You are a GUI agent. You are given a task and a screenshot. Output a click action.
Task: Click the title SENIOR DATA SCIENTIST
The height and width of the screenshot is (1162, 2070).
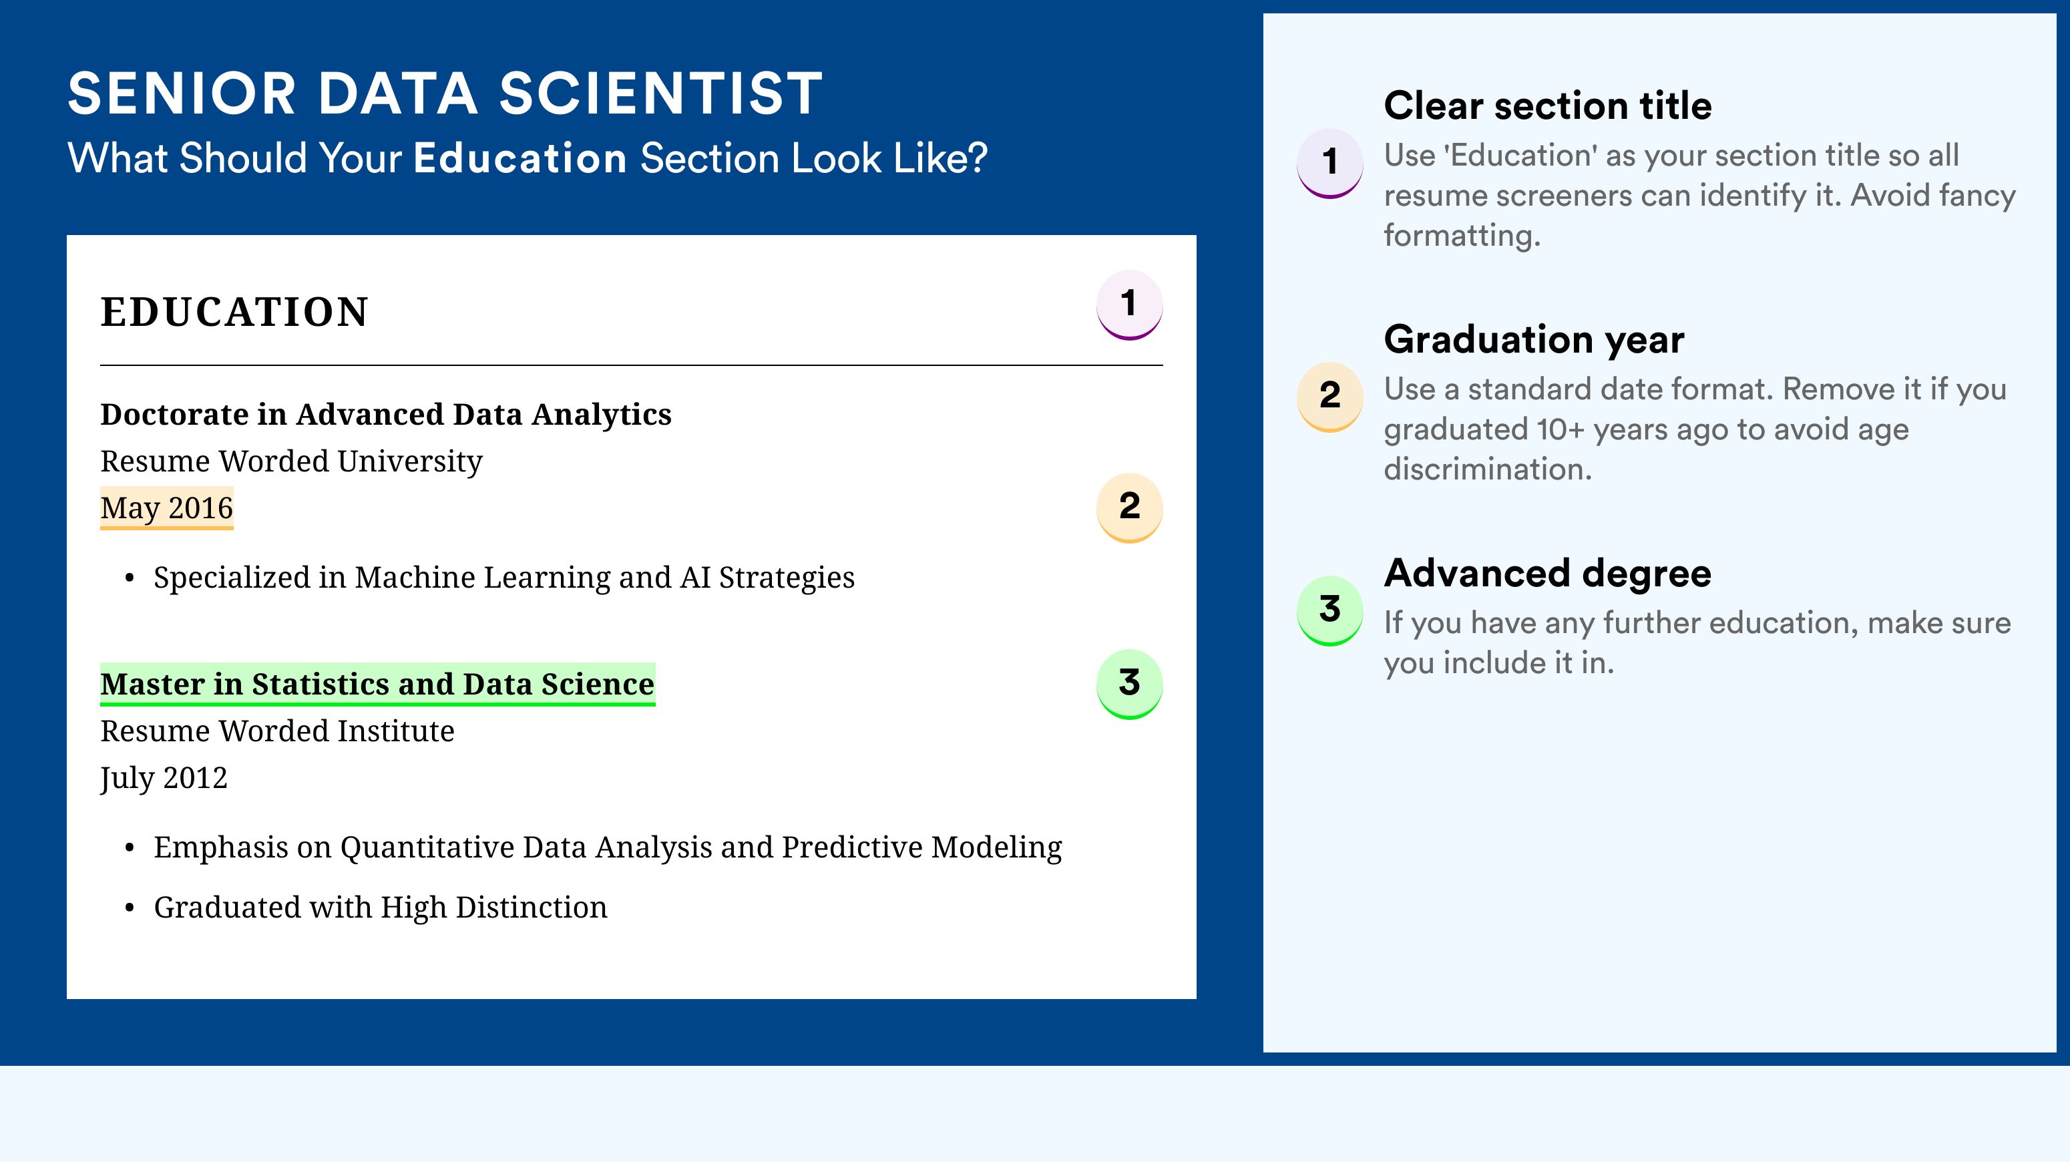point(445,93)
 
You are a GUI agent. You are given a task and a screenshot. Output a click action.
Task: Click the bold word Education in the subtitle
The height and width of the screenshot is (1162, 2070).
point(520,158)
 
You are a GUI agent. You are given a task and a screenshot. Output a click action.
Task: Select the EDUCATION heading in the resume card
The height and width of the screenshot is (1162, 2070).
point(234,312)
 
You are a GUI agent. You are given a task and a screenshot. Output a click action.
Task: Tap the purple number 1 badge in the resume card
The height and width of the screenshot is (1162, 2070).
point(1129,305)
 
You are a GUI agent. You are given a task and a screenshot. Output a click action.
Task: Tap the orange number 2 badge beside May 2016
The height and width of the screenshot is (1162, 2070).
point(1129,507)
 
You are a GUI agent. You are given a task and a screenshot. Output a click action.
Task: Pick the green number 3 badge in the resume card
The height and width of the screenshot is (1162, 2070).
point(1129,684)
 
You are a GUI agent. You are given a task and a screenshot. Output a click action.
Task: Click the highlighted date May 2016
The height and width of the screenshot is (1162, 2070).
point(166,508)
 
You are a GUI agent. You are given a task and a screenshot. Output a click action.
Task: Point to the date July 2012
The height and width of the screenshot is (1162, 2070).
point(164,778)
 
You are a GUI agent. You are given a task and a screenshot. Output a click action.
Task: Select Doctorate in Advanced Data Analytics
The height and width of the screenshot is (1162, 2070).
point(386,415)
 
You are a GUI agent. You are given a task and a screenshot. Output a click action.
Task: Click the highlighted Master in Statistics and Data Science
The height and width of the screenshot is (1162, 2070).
point(378,684)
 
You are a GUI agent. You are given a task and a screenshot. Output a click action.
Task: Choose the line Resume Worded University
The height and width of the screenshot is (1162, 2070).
point(292,461)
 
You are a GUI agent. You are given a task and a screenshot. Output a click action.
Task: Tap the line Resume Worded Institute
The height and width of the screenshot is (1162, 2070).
point(277,731)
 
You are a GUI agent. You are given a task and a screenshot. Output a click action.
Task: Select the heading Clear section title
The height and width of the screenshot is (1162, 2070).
point(1548,106)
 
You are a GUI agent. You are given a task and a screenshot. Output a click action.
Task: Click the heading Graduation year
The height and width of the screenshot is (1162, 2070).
point(1534,339)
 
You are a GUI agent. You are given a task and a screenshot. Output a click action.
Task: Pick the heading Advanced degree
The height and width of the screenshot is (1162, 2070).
point(1548,574)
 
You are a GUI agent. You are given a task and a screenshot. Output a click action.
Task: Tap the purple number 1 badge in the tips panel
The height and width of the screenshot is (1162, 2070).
point(1330,163)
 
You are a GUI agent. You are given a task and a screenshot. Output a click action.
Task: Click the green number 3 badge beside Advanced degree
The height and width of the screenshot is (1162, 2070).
point(1330,610)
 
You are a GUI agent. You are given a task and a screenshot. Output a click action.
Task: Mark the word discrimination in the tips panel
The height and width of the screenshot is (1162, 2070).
point(1488,469)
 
